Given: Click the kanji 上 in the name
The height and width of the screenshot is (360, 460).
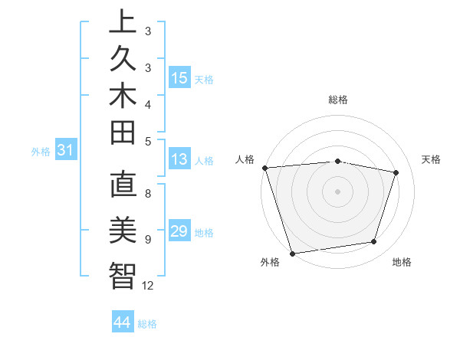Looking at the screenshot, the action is (123, 22).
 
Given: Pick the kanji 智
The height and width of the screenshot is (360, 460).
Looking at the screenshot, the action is (123, 275).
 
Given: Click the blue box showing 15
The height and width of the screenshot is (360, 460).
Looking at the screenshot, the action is (179, 77).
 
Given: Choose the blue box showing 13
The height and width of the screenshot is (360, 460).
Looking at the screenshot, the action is (179, 159).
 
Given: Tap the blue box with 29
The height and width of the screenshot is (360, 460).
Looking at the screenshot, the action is (179, 232).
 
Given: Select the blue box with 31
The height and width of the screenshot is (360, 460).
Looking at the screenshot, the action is (66, 151).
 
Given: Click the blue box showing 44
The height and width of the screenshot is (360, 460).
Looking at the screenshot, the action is (123, 322).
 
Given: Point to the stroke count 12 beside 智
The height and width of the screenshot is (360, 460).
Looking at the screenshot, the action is (148, 286).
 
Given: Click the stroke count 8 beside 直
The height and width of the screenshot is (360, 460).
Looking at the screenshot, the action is (148, 194).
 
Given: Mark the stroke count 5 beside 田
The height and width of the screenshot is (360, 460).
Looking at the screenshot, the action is (148, 141).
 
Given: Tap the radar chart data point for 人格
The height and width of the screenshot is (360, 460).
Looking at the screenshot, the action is (264, 167).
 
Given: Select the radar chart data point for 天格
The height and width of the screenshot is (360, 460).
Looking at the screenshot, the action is (396, 172).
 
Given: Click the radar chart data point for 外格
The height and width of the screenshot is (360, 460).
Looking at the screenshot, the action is (292, 253).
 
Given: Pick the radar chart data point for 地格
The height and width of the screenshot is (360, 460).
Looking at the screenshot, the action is (374, 242).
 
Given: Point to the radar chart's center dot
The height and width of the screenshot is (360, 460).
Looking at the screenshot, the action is (337, 191).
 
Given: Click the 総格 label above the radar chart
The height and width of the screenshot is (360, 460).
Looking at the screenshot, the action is (338, 100).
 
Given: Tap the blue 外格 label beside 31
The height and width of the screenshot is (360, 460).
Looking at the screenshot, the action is (41, 152).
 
